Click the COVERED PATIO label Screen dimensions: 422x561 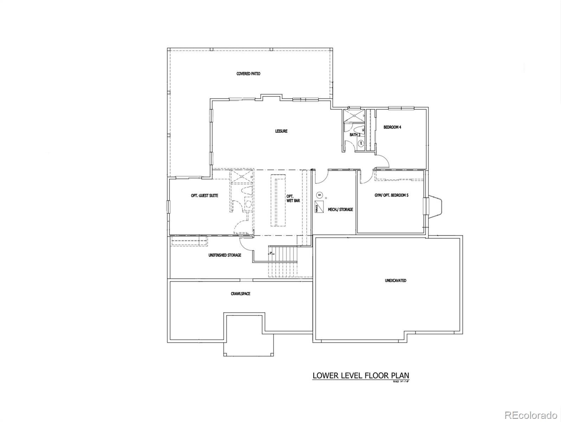(x=248, y=74)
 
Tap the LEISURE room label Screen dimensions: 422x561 (x=281, y=131)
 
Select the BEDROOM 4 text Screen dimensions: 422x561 (x=392, y=127)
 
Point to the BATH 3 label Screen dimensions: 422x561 (x=355, y=135)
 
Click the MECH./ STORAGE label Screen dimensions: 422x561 (x=340, y=210)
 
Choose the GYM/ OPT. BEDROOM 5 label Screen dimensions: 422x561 (x=391, y=195)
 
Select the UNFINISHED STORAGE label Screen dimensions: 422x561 (x=225, y=255)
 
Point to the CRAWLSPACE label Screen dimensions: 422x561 (x=241, y=294)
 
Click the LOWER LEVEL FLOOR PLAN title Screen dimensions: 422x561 (x=361, y=376)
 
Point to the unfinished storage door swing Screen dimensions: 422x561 (x=246, y=243)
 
